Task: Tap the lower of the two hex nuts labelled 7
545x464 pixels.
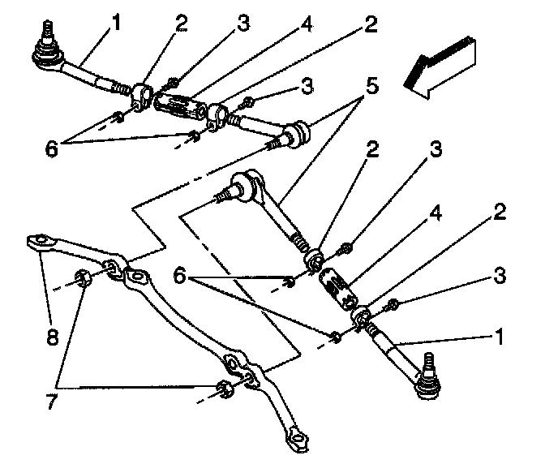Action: (227, 390)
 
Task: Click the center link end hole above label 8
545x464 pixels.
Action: (36, 241)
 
